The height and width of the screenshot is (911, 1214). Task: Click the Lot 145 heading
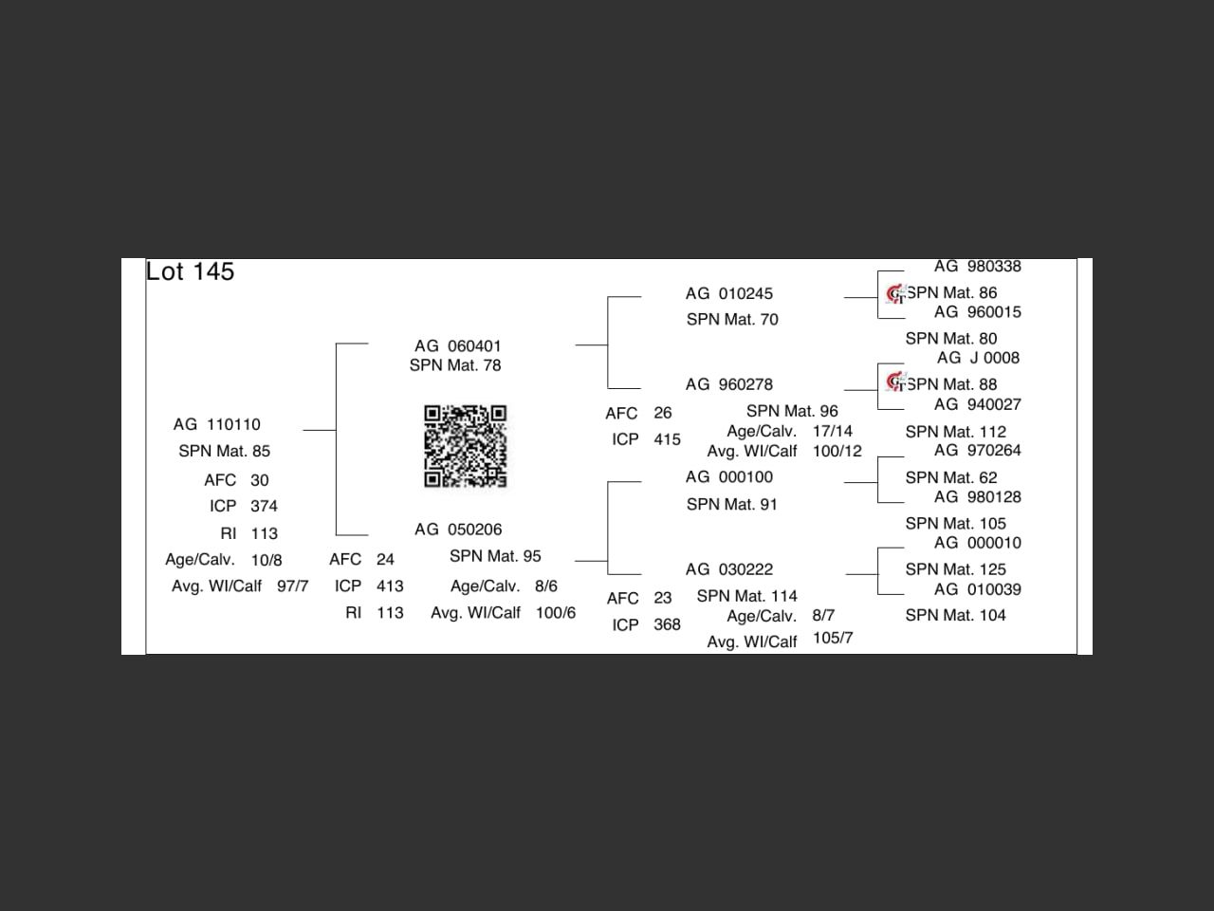click(190, 272)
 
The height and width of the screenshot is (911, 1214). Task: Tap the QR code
click(465, 446)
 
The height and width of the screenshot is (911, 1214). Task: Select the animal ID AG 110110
click(216, 424)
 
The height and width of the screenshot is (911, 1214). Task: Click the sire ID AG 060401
click(457, 346)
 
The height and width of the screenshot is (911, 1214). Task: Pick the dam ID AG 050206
click(458, 530)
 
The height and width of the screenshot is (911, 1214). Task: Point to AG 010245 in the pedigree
click(728, 294)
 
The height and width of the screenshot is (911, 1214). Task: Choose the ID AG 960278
click(728, 385)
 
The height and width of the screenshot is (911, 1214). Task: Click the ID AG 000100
click(728, 477)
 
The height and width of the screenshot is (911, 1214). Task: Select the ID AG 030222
click(728, 569)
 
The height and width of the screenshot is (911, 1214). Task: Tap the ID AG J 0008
click(978, 358)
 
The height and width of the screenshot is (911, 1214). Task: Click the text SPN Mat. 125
click(955, 569)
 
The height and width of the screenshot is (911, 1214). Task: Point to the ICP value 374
click(264, 507)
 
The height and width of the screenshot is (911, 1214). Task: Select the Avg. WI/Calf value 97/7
click(292, 586)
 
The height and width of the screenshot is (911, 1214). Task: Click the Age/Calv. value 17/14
click(832, 431)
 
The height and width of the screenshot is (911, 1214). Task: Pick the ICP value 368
click(667, 624)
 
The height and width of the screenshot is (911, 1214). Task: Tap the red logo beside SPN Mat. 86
click(895, 294)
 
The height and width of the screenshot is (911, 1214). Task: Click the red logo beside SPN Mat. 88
click(895, 382)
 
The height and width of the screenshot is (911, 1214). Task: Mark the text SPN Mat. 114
click(746, 596)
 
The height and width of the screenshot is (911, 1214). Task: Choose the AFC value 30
click(259, 480)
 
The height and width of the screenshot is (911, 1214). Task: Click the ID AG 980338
click(977, 267)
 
